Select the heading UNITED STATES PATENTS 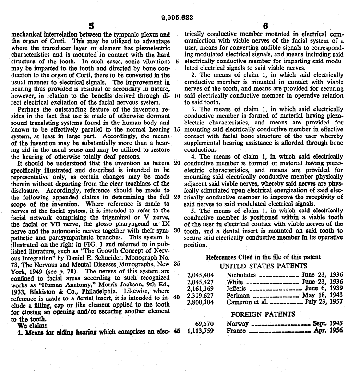pos(263,265)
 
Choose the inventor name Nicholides pos(242,275)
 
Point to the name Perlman pos(238,296)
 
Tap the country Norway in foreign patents pos(238,324)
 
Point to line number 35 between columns pos(177,264)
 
